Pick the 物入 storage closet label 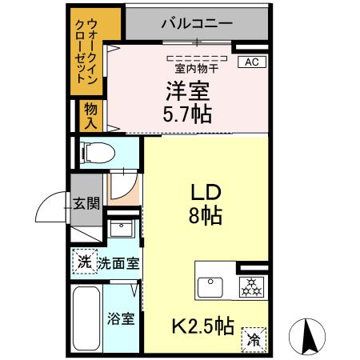[90, 115]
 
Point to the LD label [205, 193]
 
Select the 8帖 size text [206, 214]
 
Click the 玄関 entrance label [86, 202]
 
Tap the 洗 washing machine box [83, 262]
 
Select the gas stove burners [252, 284]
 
